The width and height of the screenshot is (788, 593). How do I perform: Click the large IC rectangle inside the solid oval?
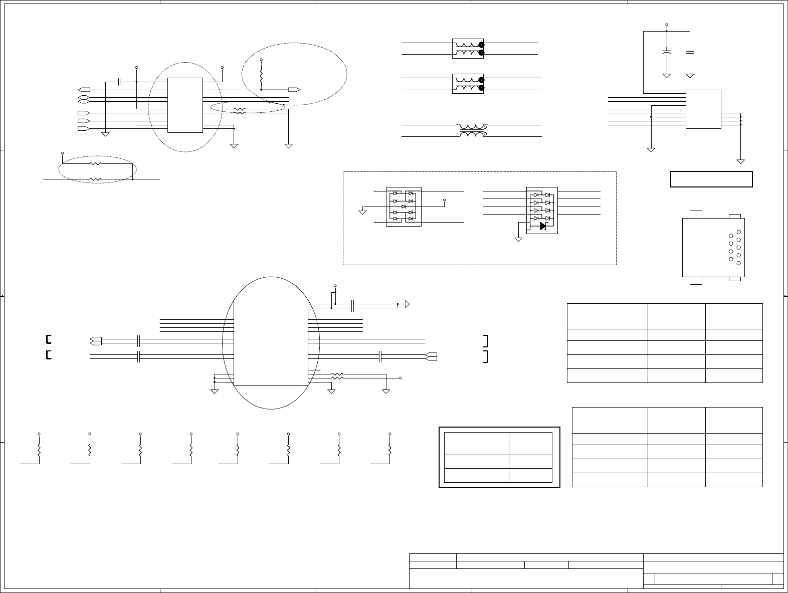point(271,343)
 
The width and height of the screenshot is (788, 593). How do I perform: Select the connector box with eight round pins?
point(713,247)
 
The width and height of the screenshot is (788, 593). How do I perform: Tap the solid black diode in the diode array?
point(543,226)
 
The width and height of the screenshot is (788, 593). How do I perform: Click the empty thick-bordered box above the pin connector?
point(711,179)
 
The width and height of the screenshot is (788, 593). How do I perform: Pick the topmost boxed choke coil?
point(468,48)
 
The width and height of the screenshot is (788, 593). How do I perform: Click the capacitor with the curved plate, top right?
point(667,52)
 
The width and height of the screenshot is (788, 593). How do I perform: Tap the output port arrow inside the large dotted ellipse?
point(294,89)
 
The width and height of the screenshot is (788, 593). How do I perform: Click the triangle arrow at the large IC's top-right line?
point(408,304)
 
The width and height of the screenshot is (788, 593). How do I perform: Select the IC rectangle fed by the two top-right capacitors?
point(703,109)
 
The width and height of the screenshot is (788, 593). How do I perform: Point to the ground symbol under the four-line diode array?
point(518,240)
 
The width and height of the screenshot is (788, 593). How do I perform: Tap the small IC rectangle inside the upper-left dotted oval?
point(185,105)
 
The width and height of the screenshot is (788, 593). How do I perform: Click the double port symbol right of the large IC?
point(431,356)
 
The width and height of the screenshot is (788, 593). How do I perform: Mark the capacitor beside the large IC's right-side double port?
point(381,356)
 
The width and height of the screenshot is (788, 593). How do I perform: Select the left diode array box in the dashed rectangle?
point(404,207)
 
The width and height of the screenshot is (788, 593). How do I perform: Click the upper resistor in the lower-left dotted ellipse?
point(95,163)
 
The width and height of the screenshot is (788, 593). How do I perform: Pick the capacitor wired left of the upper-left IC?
point(119,82)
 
